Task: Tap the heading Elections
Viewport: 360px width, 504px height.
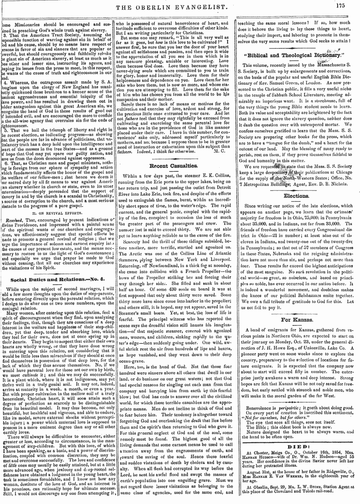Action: tap(295, 196)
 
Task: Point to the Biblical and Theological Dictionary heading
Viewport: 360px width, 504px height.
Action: tap(295, 55)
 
